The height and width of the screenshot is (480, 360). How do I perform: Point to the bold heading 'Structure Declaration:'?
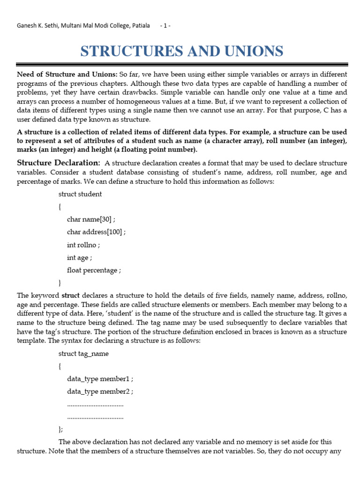[x=59, y=163]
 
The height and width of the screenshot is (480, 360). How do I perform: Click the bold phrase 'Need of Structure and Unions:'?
[x=67, y=74]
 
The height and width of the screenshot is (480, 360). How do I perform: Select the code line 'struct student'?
[x=80, y=194]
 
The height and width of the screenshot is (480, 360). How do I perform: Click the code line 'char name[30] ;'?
[x=91, y=219]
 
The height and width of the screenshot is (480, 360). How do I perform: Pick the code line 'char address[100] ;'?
[x=96, y=232]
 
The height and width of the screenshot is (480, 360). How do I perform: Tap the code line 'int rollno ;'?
[x=83, y=244]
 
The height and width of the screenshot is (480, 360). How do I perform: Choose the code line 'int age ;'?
[x=79, y=257]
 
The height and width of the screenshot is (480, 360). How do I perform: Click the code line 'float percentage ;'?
[x=94, y=270]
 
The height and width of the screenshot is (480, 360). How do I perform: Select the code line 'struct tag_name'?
[x=83, y=353]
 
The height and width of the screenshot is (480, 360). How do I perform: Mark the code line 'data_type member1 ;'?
[x=103, y=379]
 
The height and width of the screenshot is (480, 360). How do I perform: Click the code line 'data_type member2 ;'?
[x=103, y=391]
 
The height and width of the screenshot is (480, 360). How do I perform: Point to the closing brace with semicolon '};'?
[x=60, y=429]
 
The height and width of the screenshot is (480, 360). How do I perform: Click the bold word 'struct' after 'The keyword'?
[x=71, y=295]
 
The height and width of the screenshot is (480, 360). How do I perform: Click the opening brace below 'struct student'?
[x=60, y=206]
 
